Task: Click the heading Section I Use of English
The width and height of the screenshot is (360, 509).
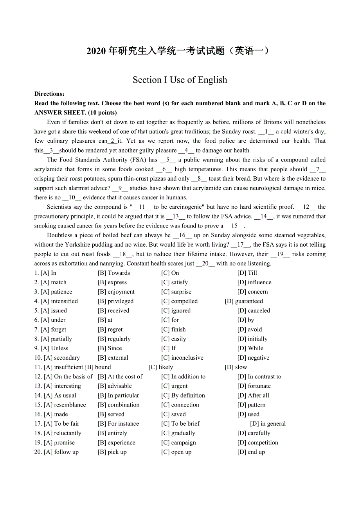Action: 180,80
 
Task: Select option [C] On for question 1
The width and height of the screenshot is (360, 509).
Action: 170,273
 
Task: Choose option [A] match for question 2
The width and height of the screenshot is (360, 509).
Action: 54,282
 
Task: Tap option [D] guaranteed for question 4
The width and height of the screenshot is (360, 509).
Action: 244,301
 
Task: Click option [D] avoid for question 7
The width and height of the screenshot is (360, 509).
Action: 250,330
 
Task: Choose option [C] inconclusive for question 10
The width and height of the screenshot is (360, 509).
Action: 182,358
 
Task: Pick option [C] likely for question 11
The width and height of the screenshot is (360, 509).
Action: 161,367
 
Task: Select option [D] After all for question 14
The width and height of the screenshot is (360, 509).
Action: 253,395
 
